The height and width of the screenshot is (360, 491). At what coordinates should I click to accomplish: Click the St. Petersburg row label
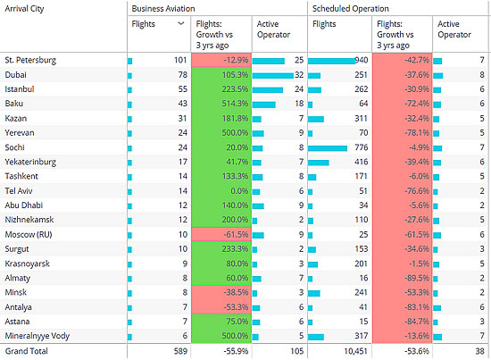(30, 60)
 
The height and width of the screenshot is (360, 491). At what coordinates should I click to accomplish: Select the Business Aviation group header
(163, 8)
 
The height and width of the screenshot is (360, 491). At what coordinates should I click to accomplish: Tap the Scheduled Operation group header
(351, 8)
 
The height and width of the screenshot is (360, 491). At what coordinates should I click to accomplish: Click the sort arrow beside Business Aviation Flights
(180, 23)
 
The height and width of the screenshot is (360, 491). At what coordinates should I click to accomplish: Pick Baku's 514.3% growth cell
(221, 104)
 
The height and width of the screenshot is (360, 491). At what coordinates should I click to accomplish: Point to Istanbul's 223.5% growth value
(235, 89)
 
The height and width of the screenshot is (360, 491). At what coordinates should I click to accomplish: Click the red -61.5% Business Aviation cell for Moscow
(221, 234)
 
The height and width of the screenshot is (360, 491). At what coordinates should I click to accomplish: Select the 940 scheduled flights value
(361, 60)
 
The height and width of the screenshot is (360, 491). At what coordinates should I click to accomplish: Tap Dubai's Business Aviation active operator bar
(273, 76)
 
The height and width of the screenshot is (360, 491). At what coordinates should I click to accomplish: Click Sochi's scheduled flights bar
(328, 148)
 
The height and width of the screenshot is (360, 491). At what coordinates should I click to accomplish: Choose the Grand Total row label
(26, 351)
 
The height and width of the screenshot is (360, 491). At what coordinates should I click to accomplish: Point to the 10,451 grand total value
(355, 351)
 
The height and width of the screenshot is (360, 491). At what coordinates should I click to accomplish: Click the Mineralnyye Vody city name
(37, 336)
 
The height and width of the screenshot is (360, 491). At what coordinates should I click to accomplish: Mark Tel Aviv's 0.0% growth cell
(221, 191)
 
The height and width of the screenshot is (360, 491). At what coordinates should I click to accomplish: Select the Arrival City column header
(24, 9)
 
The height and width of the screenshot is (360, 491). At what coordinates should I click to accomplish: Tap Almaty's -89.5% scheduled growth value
(417, 278)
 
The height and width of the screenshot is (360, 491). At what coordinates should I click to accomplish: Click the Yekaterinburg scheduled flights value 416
(362, 162)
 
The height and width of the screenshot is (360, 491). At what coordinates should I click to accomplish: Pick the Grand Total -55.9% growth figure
(236, 351)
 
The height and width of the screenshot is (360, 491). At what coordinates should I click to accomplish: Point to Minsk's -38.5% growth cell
(221, 292)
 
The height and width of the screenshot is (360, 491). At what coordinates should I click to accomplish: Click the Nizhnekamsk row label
(29, 220)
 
